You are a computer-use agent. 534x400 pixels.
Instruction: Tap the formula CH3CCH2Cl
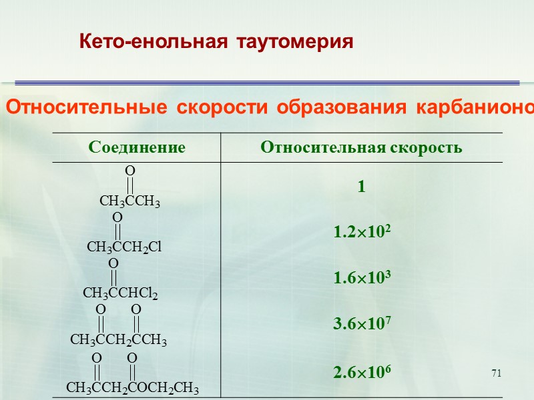point(125,247)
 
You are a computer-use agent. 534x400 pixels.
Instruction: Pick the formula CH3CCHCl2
point(120,293)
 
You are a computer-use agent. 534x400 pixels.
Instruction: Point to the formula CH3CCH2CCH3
point(118,340)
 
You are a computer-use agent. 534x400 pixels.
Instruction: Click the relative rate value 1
point(361,188)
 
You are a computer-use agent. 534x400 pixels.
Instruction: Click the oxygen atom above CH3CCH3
point(130,171)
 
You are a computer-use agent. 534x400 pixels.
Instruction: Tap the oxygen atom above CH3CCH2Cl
point(117,217)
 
